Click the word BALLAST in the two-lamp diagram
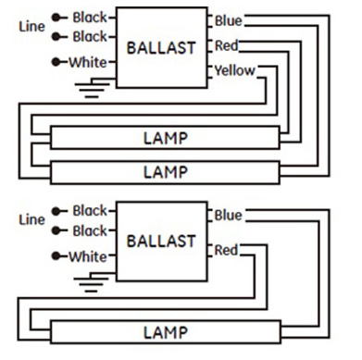click(x=160, y=47)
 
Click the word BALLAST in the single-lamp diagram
click(x=160, y=241)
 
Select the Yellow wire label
click(x=234, y=70)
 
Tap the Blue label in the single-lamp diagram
click(x=228, y=216)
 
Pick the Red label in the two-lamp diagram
click(x=227, y=45)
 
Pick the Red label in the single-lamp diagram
click(x=227, y=250)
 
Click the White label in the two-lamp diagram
click(x=89, y=62)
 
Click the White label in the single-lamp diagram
click(x=89, y=256)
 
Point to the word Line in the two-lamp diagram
click(x=31, y=27)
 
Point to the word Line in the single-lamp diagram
click(x=31, y=219)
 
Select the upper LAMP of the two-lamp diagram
click(x=166, y=140)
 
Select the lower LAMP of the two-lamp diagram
click(x=166, y=172)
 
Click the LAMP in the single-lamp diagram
click(x=166, y=331)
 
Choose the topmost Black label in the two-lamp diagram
click(x=90, y=18)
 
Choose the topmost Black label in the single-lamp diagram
click(x=90, y=211)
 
